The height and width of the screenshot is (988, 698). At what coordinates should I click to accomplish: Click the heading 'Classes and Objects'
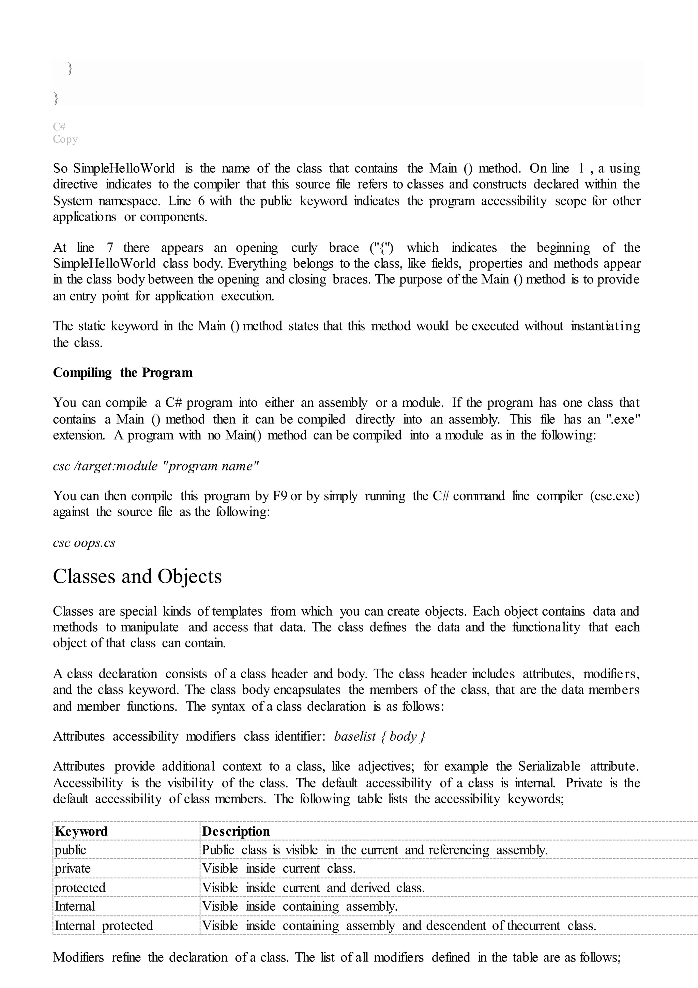(137, 577)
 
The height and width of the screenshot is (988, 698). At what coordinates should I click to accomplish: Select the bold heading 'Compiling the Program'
(123, 373)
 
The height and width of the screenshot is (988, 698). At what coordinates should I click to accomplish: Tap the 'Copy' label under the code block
(65, 139)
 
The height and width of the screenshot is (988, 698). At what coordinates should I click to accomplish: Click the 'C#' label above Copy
(59, 126)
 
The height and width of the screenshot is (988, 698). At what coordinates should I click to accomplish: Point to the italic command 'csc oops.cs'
(84, 543)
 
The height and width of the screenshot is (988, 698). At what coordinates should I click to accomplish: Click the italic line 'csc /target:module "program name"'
(156, 466)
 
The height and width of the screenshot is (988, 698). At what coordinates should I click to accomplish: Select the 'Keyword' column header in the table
(81, 831)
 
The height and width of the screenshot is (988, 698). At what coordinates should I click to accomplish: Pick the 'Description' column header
(236, 831)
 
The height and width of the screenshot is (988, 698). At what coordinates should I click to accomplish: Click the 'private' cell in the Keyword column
(73, 868)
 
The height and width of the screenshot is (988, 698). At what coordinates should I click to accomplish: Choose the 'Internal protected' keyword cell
(104, 925)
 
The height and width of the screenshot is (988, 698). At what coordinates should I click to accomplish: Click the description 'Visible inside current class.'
(278, 868)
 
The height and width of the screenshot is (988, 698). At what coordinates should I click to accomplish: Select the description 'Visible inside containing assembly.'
(300, 906)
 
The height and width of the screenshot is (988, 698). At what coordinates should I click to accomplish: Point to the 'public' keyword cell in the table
(70, 850)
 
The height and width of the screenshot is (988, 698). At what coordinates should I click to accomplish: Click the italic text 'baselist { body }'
(379, 736)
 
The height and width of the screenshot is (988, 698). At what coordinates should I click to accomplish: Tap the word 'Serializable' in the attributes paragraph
(549, 767)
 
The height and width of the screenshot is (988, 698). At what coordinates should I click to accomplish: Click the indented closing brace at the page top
(70, 68)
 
